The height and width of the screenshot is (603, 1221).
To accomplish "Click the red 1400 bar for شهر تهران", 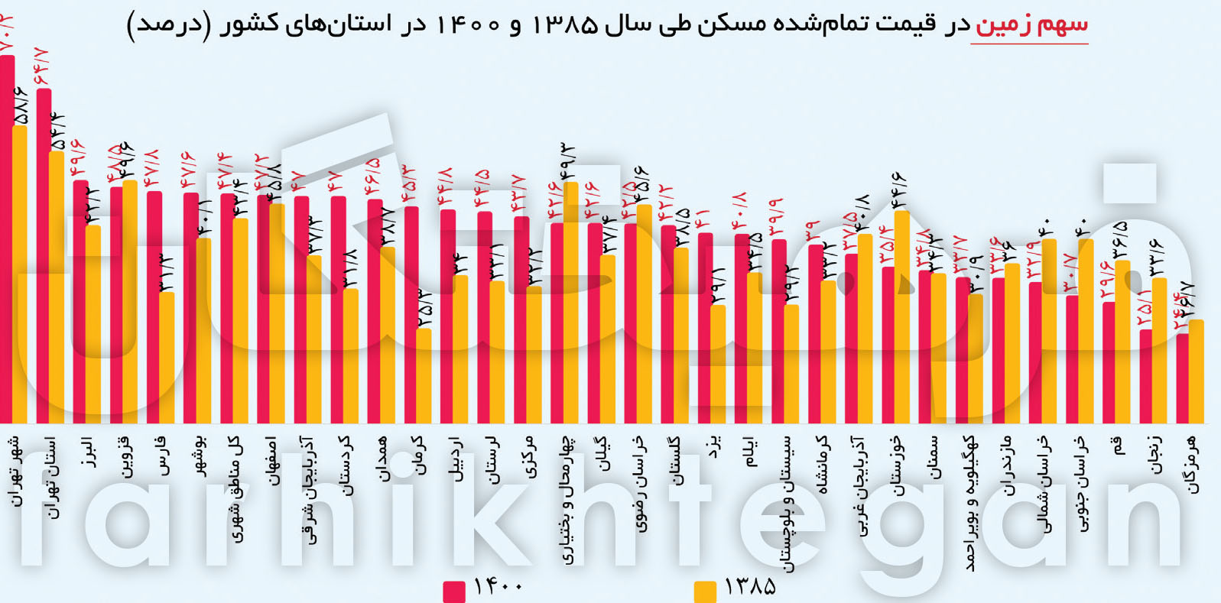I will pyautogui.click(x=7, y=237).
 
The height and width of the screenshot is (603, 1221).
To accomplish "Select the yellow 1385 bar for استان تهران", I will pyautogui.click(x=57, y=287).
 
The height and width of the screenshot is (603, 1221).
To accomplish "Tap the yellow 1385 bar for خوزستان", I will pyautogui.click(x=902, y=317).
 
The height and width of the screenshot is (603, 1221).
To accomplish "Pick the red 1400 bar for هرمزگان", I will pyautogui.click(x=1182, y=378).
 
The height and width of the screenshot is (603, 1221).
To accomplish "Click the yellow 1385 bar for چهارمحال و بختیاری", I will pyautogui.click(x=570, y=302).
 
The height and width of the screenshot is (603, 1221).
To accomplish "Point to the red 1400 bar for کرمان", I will pyautogui.click(x=411, y=313).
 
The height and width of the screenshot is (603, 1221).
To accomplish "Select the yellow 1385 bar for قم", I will pyautogui.click(x=1122, y=342).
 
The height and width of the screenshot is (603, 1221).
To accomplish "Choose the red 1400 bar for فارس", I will pyautogui.click(x=154, y=306).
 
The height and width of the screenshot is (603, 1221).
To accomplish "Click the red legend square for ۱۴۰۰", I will pyautogui.click(x=454, y=592).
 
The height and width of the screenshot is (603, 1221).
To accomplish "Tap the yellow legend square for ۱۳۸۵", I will pyautogui.click(x=705, y=592).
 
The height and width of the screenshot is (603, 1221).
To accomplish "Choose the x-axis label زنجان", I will pyautogui.click(x=1154, y=455).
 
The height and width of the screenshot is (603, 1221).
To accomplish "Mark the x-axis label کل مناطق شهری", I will pyautogui.click(x=235, y=489).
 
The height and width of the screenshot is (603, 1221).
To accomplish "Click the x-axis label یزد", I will pyautogui.click(x=713, y=447).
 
